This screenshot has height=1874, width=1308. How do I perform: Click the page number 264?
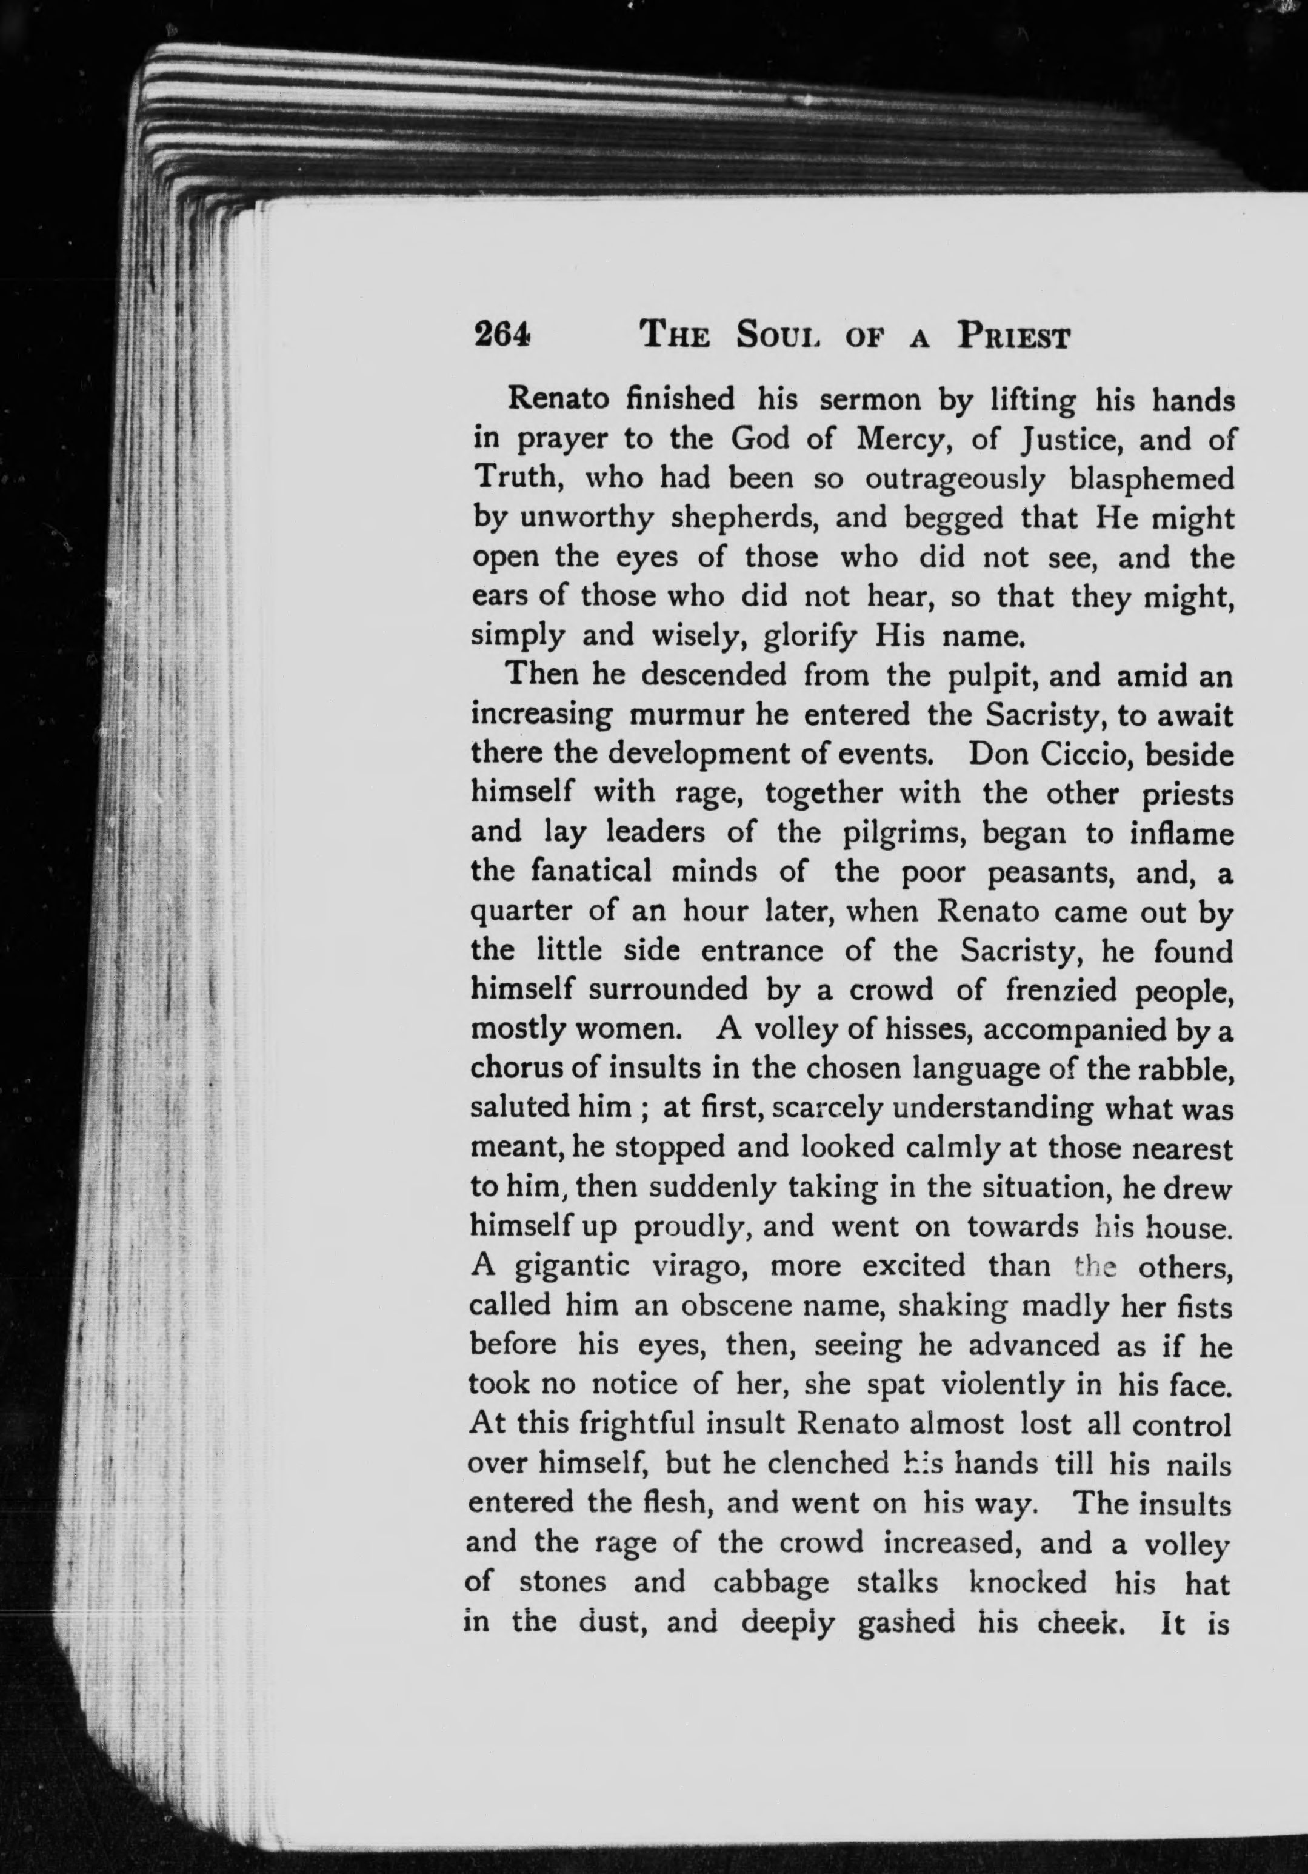(502, 334)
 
